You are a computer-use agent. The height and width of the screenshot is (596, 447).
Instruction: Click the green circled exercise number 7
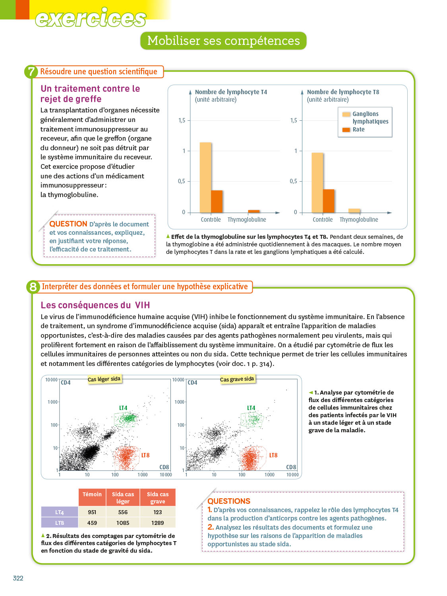pyautogui.click(x=31, y=72)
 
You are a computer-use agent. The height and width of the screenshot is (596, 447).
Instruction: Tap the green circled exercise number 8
pyautogui.click(x=33, y=287)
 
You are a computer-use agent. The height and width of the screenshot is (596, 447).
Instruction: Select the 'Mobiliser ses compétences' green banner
pyautogui.click(x=223, y=41)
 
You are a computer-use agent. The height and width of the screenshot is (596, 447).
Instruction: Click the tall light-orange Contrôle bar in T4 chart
pyautogui.click(x=205, y=177)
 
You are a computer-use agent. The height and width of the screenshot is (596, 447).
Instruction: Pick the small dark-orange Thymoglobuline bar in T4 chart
pyautogui.click(x=253, y=211)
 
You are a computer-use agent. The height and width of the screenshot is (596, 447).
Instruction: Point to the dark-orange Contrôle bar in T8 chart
pyautogui.click(x=329, y=201)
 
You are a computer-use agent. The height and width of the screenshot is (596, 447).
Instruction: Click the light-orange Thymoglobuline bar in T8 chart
pyautogui.click(x=354, y=211)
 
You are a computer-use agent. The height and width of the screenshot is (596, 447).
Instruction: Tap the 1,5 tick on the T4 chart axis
pyautogui.click(x=182, y=120)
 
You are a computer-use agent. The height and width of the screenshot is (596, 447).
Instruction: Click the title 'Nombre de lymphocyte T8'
pyautogui.click(x=343, y=92)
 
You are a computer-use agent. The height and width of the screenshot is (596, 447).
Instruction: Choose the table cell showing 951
pyautogui.click(x=92, y=512)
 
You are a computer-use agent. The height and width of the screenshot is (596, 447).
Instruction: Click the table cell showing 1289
pyautogui.click(x=158, y=523)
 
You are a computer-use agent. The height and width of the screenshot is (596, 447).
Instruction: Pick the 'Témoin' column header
pyautogui.click(x=92, y=494)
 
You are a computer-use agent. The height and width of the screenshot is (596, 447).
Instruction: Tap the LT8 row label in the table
pyautogui.click(x=60, y=523)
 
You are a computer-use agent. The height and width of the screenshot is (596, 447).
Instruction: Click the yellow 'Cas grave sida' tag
pyautogui.click(x=237, y=379)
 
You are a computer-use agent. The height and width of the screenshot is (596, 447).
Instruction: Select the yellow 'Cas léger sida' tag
pyautogui.click(x=104, y=379)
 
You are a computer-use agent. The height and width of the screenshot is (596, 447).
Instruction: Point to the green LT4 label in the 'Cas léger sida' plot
pyautogui.click(x=123, y=408)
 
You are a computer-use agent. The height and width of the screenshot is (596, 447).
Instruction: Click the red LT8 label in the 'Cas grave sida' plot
pyautogui.click(x=273, y=455)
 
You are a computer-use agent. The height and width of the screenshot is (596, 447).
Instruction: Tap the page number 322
pyautogui.click(x=18, y=578)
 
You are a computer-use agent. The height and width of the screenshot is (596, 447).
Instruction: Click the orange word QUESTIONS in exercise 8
pyautogui.click(x=229, y=501)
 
